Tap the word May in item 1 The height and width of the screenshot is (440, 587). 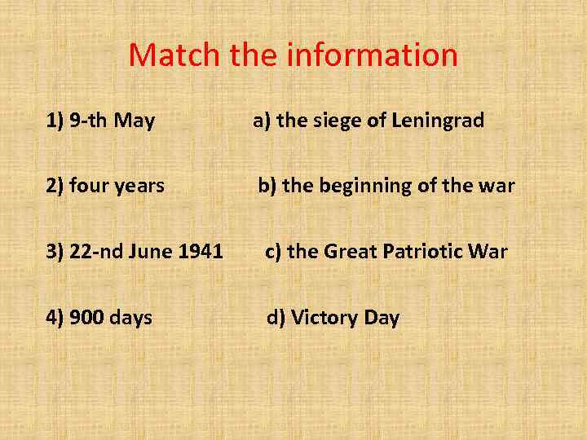135,121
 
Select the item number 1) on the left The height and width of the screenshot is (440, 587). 55,121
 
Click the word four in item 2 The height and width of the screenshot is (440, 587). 91,186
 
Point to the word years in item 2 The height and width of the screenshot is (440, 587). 140,186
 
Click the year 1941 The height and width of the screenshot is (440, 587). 201,252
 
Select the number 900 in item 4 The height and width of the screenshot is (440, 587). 86,317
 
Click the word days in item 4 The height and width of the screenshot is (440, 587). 130,317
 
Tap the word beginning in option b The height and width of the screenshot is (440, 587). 365,186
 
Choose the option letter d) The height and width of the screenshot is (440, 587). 276,317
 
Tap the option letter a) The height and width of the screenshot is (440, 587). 262,121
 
